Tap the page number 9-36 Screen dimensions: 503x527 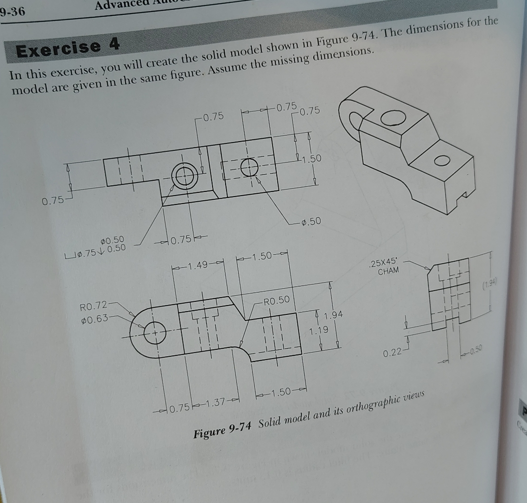(x=13, y=11)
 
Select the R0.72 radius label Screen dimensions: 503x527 (x=93, y=306)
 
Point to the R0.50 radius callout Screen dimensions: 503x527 (x=276, y=300)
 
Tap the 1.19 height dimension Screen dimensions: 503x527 (x=319, y=330)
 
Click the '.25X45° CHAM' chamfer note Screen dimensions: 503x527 (x=384, y=266)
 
